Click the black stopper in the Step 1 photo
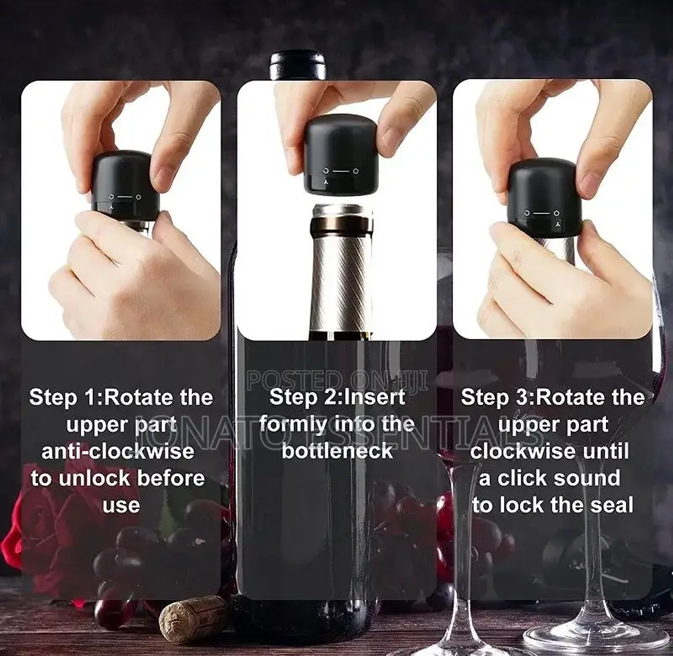(124, 184)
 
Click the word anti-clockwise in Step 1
(118, 451)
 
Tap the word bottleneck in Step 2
(337, 451)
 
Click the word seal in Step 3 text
(612, 505)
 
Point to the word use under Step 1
(121, 506)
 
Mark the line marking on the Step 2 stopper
(341, 171)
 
